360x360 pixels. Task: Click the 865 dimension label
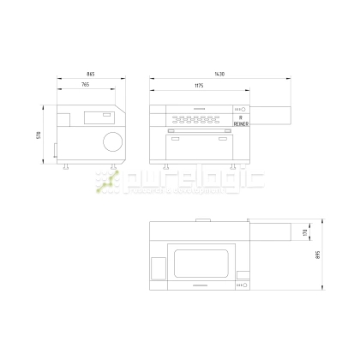90,75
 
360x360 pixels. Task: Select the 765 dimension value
86,85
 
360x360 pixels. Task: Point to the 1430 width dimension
219,75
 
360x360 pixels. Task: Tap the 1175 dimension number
199,85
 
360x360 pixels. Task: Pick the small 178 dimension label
304,232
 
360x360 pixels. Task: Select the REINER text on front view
240,123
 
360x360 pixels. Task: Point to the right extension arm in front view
268,112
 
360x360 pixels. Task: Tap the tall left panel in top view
157,267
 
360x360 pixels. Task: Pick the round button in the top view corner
242,286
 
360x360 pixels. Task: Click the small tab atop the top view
203,219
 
